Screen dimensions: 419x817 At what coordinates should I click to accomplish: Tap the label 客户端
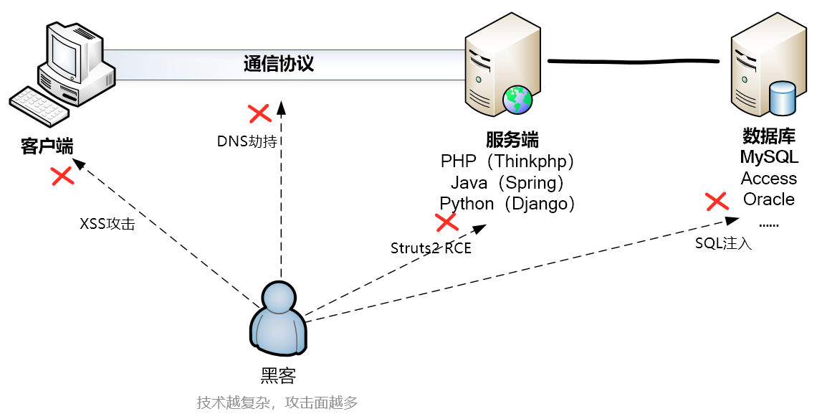[47, 147]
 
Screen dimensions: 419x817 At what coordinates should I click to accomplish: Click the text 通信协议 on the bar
[279, 64]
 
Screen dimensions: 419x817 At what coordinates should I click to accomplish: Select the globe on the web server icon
[517, 99]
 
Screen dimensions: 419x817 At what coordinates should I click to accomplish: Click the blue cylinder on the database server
[782, 98]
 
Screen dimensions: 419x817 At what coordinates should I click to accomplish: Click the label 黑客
[278, 375]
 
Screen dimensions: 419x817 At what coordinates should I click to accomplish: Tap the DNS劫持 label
[247, 141]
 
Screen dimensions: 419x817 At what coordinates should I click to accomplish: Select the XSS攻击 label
[107, 224]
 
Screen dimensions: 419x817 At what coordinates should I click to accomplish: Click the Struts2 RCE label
[431, 248]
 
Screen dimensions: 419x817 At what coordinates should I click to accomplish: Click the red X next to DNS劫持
[259, 113]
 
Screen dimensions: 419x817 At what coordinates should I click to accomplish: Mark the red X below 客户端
[62, 176]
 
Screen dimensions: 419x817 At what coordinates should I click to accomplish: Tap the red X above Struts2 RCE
[447, 222]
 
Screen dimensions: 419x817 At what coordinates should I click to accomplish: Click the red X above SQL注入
[717, 202]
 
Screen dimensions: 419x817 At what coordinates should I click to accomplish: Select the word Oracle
[768, 199]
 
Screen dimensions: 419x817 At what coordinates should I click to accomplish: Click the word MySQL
[769, 157]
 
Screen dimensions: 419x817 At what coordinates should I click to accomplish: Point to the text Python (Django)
[507, 204]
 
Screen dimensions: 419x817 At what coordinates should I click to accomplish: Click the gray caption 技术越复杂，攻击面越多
[277, 402]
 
